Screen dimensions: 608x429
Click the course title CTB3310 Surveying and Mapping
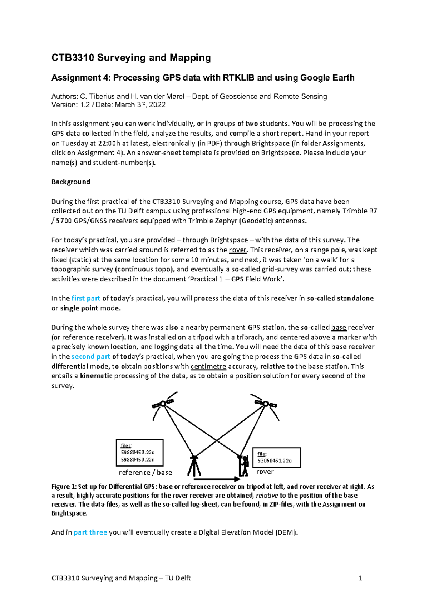(131, 58)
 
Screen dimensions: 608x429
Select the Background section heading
(71, 182)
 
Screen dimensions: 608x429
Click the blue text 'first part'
(86, 298)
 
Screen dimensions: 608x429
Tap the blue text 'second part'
(91, 357)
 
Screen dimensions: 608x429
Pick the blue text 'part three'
(90, 532)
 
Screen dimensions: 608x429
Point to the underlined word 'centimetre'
(208, 366)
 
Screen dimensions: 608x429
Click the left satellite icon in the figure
(163, 404)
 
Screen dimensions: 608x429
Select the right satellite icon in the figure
(265, 404)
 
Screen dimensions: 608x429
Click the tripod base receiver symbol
(194, 465)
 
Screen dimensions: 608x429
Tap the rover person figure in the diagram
(244, 465)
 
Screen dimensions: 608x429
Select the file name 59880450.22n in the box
(138, 460)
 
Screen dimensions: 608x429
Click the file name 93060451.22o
(275, 461)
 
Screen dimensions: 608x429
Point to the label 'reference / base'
(145, 473)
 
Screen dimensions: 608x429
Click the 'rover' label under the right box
(265, 472)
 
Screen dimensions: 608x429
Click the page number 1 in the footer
(361, 578)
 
